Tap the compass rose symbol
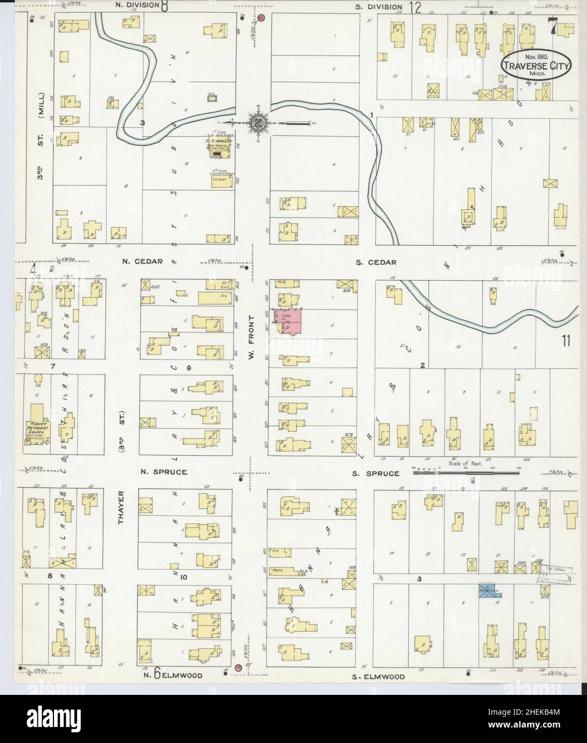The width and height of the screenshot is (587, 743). click(x=258, y=122)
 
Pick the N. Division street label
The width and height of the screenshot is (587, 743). click(x=137, y=6)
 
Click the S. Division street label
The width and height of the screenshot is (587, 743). click(x=379, y=6)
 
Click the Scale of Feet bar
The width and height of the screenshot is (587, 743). click(x=461, y=472)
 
